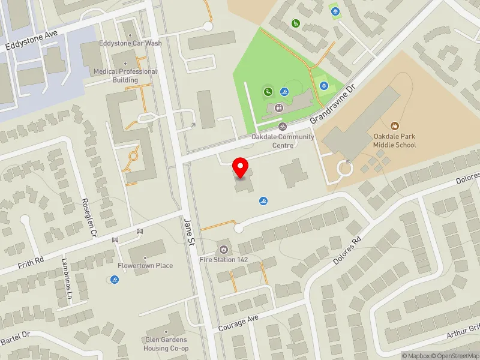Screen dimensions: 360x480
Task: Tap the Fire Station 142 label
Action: point(224,259)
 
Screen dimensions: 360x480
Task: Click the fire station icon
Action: point(224,247)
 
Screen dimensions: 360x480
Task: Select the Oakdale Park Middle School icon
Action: point(394,126)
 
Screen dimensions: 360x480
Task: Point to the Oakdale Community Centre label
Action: point(282,140)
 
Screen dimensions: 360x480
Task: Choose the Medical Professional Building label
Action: point(125,76)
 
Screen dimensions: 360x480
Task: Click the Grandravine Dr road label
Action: point(333,104)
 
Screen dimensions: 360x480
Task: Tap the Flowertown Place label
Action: point(145,266)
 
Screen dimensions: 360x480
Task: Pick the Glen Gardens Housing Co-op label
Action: point(166,344)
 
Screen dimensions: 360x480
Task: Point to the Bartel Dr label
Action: point(14,337)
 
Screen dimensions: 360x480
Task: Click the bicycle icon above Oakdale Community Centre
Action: point(282,127)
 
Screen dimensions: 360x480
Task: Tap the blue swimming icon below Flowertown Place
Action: point(115,280)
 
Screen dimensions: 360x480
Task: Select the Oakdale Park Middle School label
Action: point(394,140)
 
